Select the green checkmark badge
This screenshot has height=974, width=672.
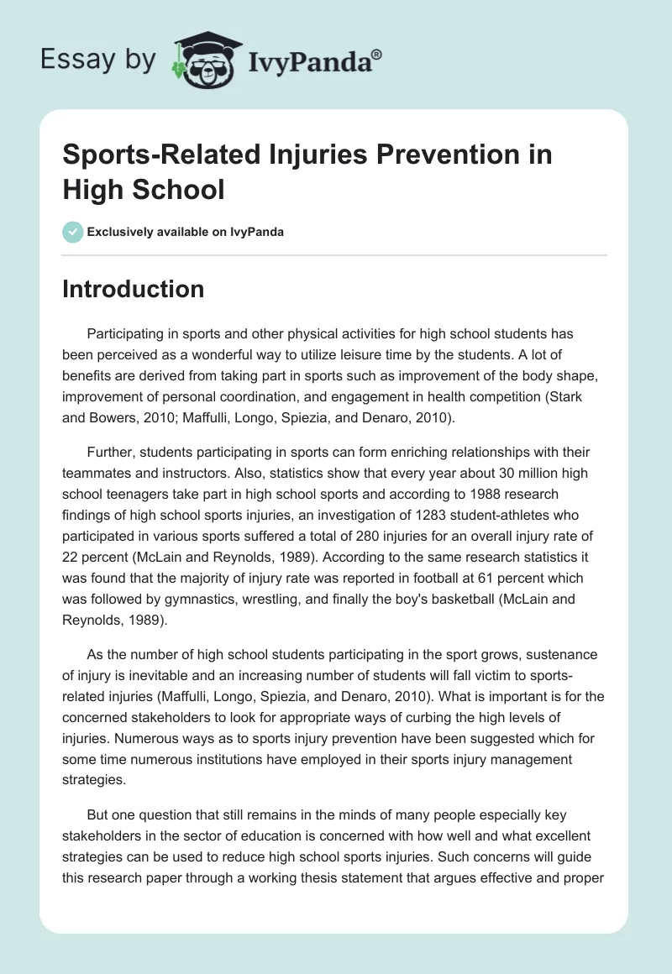[73, 232]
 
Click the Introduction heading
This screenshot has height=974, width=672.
[134, 290]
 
